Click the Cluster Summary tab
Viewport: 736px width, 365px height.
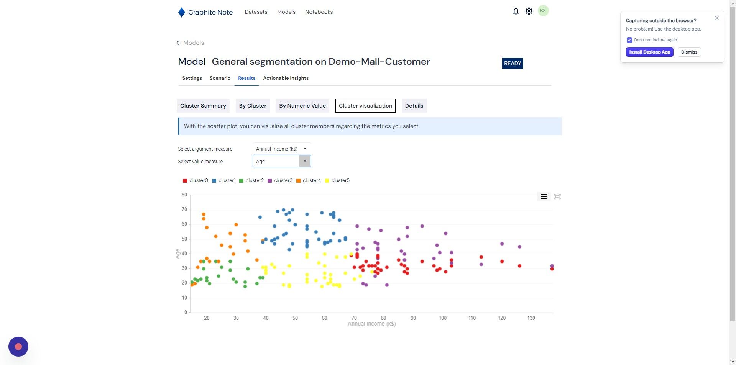203,106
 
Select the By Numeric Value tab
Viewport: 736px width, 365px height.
302,106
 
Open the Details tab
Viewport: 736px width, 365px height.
414,106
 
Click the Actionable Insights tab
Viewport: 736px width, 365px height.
286,78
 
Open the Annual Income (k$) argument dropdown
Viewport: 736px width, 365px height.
282,149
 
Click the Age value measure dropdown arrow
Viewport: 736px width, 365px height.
305,161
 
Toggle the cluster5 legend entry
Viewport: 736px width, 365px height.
337,180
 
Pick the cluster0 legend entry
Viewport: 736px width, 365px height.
195,180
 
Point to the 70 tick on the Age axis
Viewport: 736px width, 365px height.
184,210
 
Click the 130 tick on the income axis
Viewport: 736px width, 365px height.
531,318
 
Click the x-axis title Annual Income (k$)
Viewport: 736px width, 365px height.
371,324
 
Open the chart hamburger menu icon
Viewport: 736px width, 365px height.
544,197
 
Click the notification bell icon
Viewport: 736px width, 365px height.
516,11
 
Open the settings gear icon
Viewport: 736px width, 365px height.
529,11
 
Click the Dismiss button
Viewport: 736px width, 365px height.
689,52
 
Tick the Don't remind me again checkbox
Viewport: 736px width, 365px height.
629,40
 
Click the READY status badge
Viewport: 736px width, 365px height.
513,64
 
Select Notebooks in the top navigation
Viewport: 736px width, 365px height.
319,12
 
